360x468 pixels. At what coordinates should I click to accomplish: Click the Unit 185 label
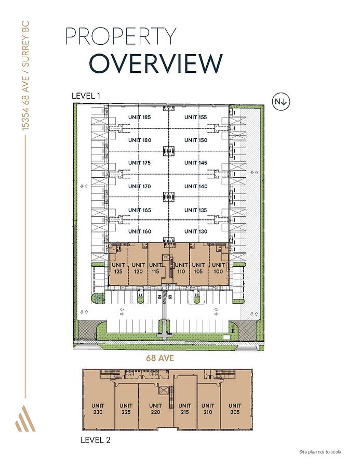(139, 118)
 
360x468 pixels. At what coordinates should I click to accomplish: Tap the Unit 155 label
(195, 118)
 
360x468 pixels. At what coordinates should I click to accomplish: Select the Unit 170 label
(139, 186)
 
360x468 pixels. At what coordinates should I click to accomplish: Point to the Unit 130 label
(195, 231)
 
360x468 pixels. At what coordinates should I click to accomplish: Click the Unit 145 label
(195, 163)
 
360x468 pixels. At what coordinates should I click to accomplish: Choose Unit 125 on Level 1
(118, 268)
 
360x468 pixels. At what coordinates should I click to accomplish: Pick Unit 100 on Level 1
(218, 268)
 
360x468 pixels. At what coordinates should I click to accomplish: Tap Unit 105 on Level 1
(198, 268)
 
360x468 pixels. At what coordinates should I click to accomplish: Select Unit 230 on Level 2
(98, 409)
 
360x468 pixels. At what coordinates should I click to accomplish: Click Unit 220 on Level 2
(155, 409)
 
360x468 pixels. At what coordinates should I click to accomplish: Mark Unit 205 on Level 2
(235, 409)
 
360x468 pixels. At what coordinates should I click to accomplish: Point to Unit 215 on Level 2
(184, 409)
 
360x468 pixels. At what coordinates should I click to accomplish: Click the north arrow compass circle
(281, 102)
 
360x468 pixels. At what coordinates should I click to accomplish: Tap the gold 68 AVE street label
(160, 358)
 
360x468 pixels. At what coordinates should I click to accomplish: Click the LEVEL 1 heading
(86, 96)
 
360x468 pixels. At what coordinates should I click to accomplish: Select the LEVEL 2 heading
(96, 440)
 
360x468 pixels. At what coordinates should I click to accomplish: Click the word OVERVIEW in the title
(156, 63)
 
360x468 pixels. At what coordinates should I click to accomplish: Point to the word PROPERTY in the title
(121, 36)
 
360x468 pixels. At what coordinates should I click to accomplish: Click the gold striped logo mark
(25, 418)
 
